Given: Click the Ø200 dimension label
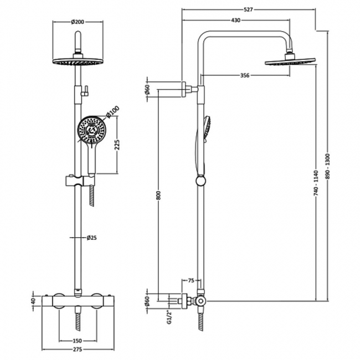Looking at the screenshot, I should [77, 23].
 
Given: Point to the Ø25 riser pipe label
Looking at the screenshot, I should [91, 238].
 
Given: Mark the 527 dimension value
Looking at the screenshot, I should [248, 9].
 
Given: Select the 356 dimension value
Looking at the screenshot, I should [241, 75].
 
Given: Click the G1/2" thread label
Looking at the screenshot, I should [148, 313].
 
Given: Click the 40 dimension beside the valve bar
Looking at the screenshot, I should [34, 301].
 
